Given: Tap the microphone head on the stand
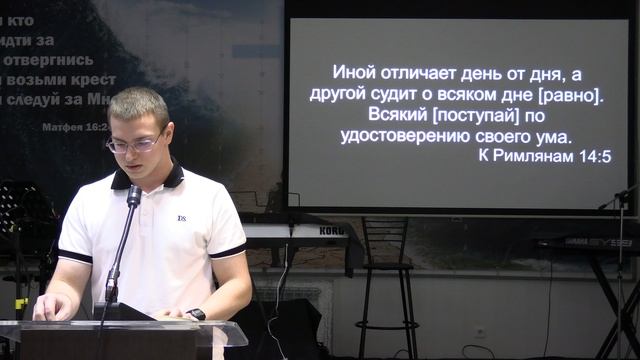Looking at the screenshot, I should tap(134, 195).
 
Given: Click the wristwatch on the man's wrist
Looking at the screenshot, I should tap(196, 314).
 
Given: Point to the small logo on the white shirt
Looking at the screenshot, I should tap(182, 217).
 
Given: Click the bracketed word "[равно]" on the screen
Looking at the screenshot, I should tap(567, 97).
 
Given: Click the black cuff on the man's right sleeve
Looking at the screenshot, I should tap(74, 256).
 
